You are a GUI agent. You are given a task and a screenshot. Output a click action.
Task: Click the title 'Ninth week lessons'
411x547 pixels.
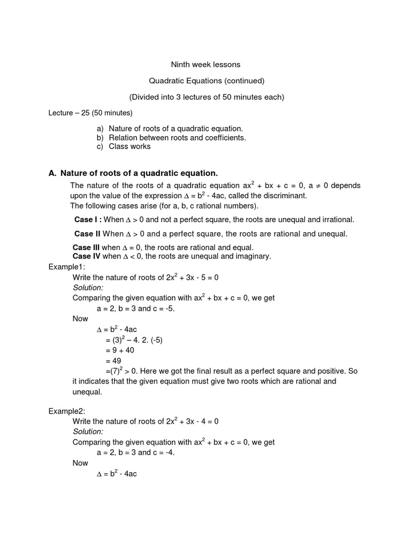[205, 65]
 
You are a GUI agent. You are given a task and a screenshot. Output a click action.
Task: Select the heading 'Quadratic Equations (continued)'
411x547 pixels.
[206, 81]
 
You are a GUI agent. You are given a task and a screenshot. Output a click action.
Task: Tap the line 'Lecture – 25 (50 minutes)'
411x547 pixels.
[90, 113]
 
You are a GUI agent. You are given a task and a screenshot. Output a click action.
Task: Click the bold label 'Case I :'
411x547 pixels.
[88, 220]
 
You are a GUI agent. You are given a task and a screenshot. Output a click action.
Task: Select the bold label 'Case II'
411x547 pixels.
[87, 233]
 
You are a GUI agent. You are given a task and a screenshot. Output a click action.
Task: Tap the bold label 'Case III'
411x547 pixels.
[86, 247]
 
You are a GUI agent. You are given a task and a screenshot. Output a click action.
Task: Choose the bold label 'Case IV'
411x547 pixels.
[86, 256]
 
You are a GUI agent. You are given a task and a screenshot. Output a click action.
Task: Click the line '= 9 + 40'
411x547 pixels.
[120, 350]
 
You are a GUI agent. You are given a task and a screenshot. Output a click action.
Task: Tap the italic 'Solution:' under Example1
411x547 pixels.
[88, 287]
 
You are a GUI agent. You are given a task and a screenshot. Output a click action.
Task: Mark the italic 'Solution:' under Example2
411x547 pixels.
[88, 432]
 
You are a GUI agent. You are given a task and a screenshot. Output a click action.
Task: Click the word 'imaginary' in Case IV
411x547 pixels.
[254, 256]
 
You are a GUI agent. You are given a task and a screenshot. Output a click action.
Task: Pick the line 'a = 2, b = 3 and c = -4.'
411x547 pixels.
[135, 452]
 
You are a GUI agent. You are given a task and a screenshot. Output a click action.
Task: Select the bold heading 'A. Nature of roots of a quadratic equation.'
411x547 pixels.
[133, 173]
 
